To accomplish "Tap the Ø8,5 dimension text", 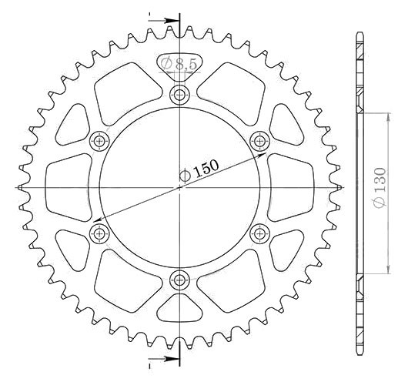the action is (179, 63).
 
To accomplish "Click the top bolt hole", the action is (179, 95).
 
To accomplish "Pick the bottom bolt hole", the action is (179, 280).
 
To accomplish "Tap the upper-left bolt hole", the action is (99, 142).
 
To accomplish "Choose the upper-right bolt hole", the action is (259, 142).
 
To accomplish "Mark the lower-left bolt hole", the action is (99, 233).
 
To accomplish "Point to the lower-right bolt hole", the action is (259, 233).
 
